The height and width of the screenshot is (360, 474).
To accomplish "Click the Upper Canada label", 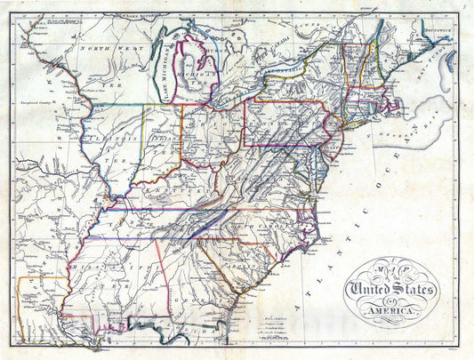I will click(x=267, y=62).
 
